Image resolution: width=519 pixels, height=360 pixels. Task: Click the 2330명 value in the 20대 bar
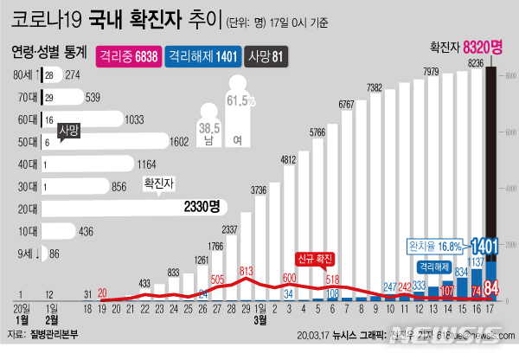tap(202, 207)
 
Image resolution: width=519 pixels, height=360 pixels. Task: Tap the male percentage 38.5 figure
tap(208, 127)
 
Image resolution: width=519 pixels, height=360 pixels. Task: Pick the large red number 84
tap(490, 288)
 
